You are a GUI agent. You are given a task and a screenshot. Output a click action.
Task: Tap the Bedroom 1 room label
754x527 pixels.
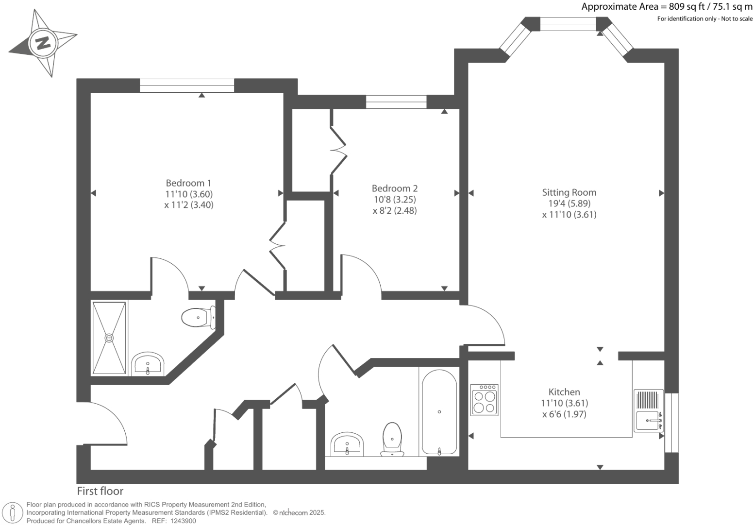[x=188, y=183]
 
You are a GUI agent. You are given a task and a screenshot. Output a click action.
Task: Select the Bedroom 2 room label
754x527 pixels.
[x=394, y=188]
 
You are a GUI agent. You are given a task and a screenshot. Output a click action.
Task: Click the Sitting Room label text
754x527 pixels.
[x=569, y=192]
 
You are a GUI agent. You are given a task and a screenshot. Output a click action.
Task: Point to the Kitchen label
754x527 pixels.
[x=564, y=392]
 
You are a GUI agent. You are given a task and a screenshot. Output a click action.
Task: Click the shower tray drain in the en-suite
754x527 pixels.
[x=109, y=338]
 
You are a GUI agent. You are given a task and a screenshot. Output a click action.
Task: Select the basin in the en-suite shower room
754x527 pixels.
[x=148, y=364]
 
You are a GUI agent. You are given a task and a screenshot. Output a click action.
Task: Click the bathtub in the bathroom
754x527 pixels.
[x=439, y=412]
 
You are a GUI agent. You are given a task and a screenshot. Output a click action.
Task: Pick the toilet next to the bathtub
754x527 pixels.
[x=392, y=439]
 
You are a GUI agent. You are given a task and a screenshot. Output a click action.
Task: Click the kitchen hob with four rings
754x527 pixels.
[x=484, y=400]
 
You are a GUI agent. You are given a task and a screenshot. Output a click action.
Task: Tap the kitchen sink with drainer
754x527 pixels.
[x=648, y=410]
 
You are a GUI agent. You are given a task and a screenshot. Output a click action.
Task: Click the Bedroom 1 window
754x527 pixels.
[x=187, y=85]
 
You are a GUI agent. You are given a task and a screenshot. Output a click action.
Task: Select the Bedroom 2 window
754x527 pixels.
[x=396, y=102]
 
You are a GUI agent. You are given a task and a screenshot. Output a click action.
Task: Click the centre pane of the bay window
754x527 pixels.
[x=568, y=24]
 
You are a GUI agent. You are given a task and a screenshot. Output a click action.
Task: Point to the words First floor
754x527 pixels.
[x=100, y=491]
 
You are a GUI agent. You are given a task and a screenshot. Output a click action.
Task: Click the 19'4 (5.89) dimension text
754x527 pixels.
[x=569, y=204]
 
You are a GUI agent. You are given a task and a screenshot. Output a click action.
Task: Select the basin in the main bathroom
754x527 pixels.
[x=347, y=444]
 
